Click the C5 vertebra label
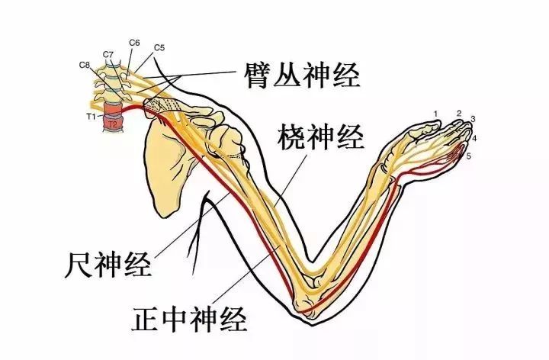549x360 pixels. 159,47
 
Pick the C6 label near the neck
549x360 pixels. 134,44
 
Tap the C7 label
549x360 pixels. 108,54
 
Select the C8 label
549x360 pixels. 85,65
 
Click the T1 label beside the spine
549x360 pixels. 89,116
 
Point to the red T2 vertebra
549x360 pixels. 112,123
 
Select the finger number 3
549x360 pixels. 473,120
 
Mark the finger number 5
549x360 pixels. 469,156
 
